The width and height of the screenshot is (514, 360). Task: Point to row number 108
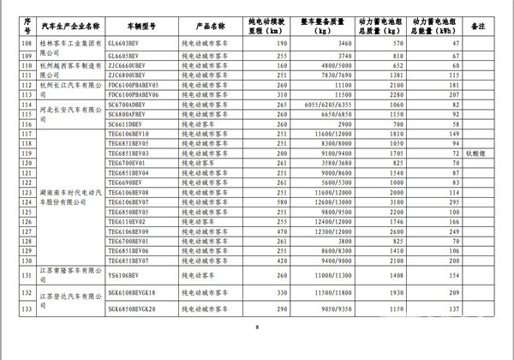coord(27,42)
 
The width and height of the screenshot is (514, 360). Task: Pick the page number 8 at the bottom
coord(256,327)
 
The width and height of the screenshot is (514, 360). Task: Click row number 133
coord(27,309)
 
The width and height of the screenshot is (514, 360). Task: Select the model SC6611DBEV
coord(127,125)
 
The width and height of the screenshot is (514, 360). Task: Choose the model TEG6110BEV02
coord(129,221)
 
